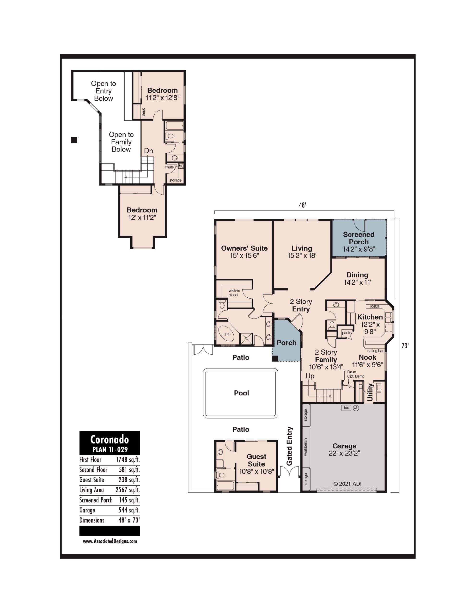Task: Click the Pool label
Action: click(241, 393)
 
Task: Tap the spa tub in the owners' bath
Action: click(226, 334)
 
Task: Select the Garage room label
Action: click(344, 446)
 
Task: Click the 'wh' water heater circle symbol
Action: click(356, 408)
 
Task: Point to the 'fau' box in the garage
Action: click(346, 408)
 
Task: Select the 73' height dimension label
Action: click(405, 346)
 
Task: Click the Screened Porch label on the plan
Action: click(359, 238)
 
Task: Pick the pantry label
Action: click(347, 332)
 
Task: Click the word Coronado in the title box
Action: click(110, 440)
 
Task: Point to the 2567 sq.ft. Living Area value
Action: click(128, 490)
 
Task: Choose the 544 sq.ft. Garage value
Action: click(129, 510)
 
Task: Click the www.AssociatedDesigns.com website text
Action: click(110, 541)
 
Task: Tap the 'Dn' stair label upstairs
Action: click(148, 151)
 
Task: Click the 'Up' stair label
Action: click(310, 376)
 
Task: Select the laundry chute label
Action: click(169, 167)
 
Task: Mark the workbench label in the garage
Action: click(305, 447)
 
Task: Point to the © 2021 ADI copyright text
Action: click(347, 484)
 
